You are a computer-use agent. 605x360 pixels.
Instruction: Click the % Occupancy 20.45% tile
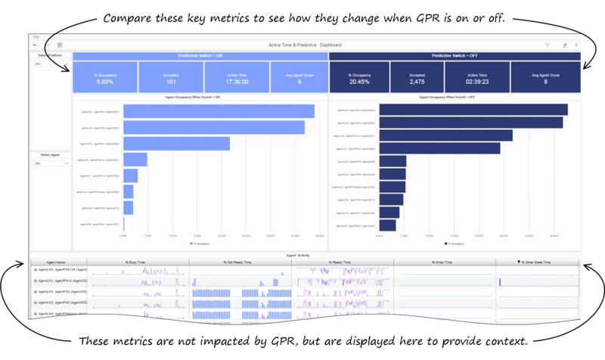[x=359, y=78]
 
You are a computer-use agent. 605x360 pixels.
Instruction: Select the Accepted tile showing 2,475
[x=417, y=78]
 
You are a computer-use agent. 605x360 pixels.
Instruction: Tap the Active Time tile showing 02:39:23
[x=476, y=78]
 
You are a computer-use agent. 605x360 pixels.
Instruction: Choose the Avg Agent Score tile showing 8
[x=544, y=78]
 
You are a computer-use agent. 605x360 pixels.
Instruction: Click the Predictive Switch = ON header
[x=200, y=55]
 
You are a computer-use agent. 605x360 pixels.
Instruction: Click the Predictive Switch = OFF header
[x=455, y=55]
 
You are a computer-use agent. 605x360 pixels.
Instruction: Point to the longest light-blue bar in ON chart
[x=219, y=111]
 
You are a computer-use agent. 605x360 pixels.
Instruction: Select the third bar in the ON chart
[x=176, y=144]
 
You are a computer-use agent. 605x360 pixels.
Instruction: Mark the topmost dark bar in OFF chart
[x=473, y=110]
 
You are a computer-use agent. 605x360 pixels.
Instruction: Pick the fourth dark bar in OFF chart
[x=439, y=148]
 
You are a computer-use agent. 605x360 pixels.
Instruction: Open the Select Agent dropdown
[x=50, y=163]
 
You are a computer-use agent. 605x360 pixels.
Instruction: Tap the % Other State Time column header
[x=538, y=262]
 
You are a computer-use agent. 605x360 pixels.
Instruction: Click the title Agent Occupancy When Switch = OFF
[x=455, y=97]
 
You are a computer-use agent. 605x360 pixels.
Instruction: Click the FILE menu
[x=36, y=36]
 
